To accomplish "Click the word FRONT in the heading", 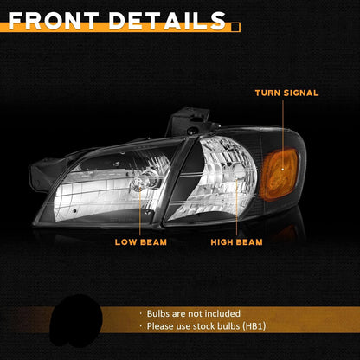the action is [54, 21].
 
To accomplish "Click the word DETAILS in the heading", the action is [167, 21].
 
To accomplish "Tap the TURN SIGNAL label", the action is [286, 93].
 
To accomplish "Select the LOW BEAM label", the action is [141, 242].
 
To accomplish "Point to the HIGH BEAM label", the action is [236, 242].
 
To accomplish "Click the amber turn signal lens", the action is [279, 174].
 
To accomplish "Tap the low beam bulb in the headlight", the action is [139, 183].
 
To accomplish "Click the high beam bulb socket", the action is [239, 172].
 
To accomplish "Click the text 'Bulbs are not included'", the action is [194, 313].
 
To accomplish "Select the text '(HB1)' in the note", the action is [254, 326].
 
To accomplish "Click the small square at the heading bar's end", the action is [235, 27].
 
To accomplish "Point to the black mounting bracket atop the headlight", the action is [191, 122].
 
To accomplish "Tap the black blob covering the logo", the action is [75, 321].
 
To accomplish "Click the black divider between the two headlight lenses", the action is [177, 180].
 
